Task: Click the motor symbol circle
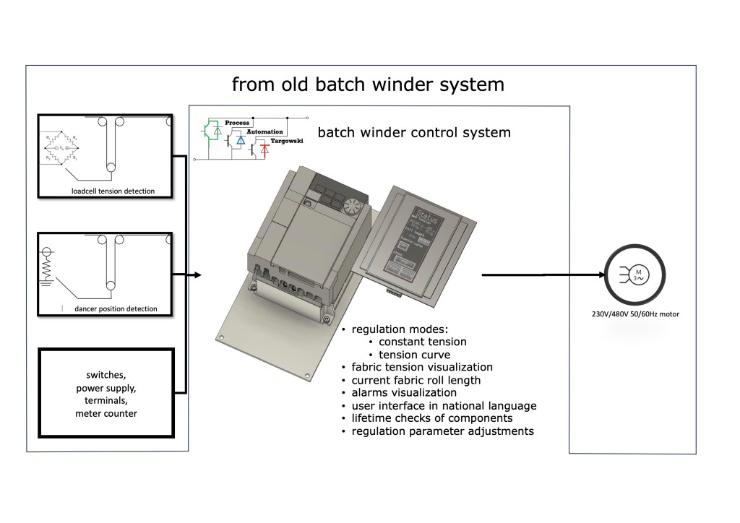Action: pyautogui.click(x=636, y=275)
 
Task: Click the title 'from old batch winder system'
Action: pyautogui.click(x=368, y=85)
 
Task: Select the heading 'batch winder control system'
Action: pyautogui.click(x=414, y=133)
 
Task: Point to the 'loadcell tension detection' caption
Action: pyautogui.click(x=113, y=191)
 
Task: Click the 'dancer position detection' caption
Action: pyautogui.click(x=116, y=309)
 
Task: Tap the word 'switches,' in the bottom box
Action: pyautogui.click(x=106, y=376)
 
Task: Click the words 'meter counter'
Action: pyautogui.click(x=106, y=414)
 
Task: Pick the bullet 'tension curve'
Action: pyautogui.click(x=413, y=355)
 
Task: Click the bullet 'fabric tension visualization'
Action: pyautogui.click(x=422, y=367)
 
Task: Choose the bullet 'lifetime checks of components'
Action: pyautogui.click(x=433, y=418)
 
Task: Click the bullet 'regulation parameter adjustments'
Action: pyautogui.click(x=442, y=431)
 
